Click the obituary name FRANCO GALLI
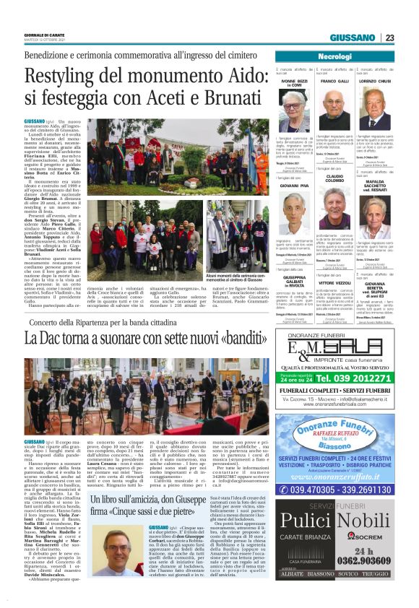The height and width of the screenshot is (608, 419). pos(334,82)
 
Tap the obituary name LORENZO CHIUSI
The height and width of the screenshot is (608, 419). pos(376,82)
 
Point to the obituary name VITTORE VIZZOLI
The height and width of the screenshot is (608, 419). pos(334,284)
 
